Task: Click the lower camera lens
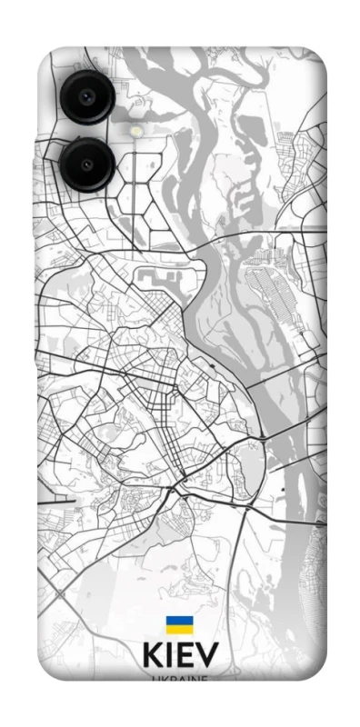click(86, 164)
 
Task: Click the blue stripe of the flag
click(179, 621)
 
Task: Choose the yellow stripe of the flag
click(179, 629)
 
